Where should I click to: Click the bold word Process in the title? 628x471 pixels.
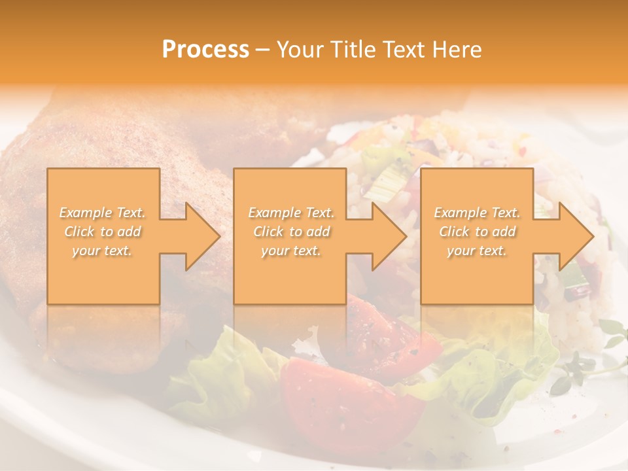[205, 50]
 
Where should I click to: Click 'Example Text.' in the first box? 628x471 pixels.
[103, 213]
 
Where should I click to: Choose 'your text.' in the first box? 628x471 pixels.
[103, 251]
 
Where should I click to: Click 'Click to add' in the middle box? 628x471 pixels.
[291, 232]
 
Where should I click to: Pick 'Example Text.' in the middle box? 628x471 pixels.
[291, 213]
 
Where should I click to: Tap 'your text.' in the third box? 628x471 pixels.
[477, 251]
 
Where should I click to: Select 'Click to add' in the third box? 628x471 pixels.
[477, 232]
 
